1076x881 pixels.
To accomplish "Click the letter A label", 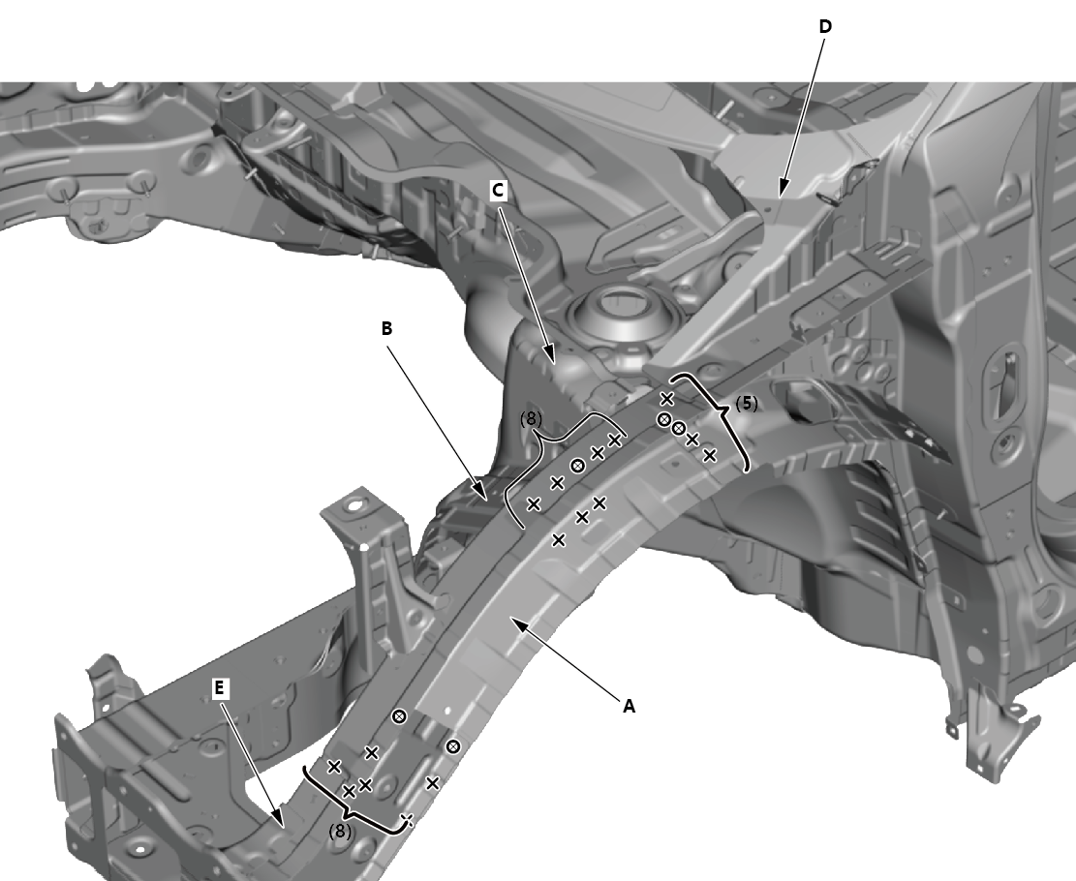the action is coord(629,706).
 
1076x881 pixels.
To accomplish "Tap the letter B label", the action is coord(387,328).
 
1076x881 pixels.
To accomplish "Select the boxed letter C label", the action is coord(498,190).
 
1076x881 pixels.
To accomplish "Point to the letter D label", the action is coord(825,27).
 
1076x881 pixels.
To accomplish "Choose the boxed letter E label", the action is coord(219,688).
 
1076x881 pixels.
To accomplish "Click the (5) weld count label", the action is coord(747,404).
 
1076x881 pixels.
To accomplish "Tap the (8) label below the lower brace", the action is coord(340,831).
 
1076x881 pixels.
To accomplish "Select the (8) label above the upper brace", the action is coord(531,418).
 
